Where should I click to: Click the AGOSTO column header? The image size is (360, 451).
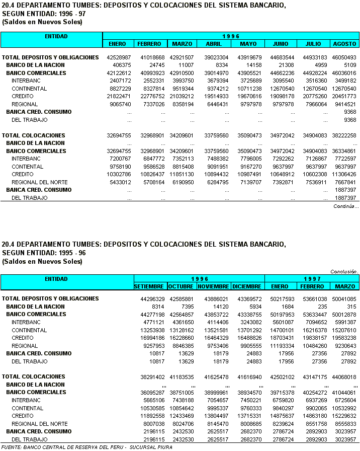pos(344,44)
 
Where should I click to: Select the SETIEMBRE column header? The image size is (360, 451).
pos(149,286)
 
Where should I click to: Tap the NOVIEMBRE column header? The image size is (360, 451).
pos(213,286)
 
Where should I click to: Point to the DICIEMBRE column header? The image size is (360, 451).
pos(247,286)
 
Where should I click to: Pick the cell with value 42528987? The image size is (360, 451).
pos(119,57)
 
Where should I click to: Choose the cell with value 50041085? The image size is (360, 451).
pos(344,299)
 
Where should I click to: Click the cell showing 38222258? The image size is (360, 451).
pos(344,135)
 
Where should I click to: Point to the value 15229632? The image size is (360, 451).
pos(344,416)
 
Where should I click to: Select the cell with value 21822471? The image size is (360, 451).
pos(119,96)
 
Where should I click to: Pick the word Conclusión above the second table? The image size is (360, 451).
pos(344,271)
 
